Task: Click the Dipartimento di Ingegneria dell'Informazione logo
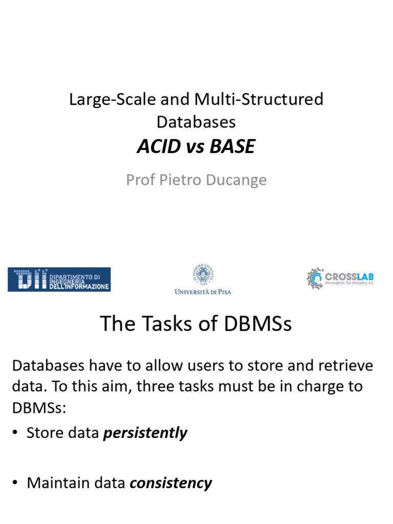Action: (59, 279)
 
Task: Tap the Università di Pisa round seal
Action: (203, 274)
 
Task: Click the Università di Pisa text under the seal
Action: (203, 292)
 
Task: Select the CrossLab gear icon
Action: (314, 278)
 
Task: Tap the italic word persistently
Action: (145, 433)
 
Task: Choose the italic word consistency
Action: (171, 483)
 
